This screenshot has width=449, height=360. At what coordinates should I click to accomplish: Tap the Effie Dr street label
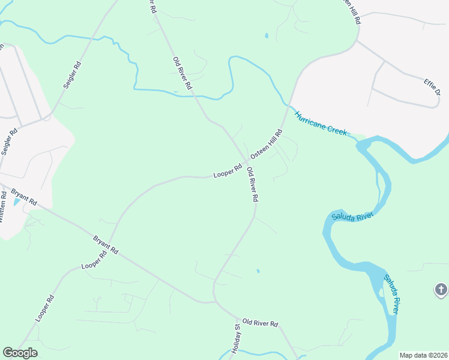[432, 87]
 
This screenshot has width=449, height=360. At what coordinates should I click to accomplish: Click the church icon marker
[441, 290]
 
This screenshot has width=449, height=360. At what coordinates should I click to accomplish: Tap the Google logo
[20, 353]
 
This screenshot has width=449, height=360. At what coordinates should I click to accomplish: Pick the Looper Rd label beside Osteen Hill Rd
[228, 172]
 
